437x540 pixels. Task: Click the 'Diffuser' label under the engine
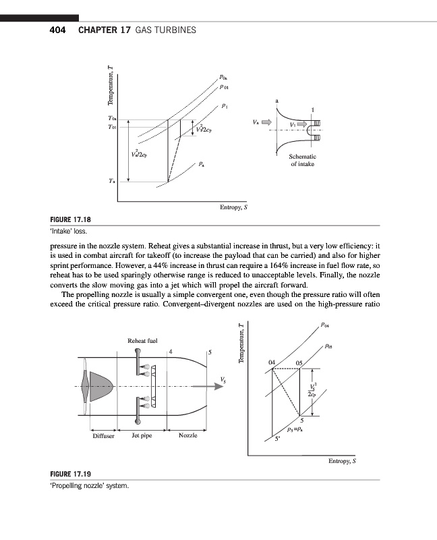[103, 436]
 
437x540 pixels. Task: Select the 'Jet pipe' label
[142, 436]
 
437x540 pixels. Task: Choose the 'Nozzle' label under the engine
[188, 436]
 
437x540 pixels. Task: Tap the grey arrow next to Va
[266, 123]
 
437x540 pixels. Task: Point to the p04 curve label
[326, 327]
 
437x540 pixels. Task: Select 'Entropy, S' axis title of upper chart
[234, 207]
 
